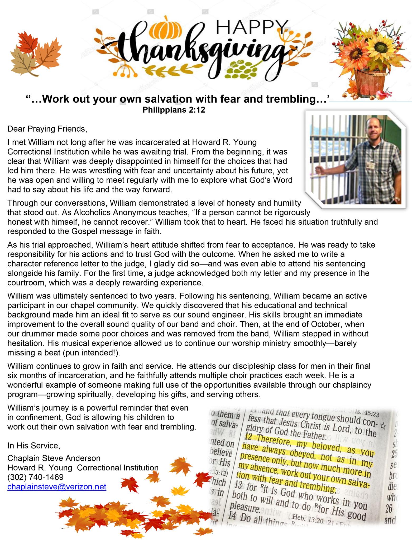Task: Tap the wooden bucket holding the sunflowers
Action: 368,79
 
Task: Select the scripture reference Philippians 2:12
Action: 174,110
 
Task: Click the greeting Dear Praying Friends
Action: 47,129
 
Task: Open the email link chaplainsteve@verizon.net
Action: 57,487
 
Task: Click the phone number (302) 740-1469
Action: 36,477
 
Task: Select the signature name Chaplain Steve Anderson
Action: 54,458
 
